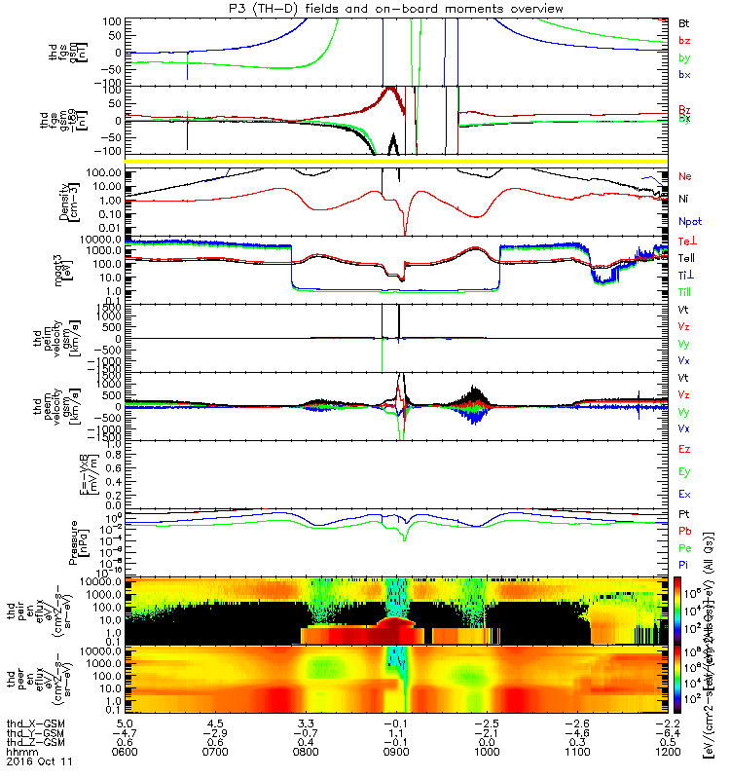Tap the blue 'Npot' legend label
coord(689,220)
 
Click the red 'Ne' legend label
coord(686,176)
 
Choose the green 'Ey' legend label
coord(686,472)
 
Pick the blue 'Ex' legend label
coord(686,495)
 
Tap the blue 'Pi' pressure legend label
coord(686,565)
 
